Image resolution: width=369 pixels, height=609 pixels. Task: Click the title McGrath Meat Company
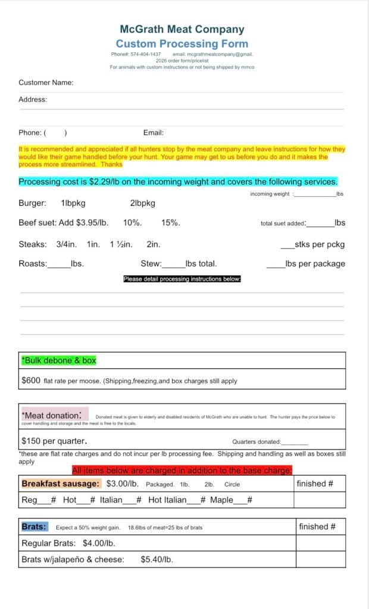[182, 29]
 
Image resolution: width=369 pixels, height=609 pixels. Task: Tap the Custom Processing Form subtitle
[182, 44]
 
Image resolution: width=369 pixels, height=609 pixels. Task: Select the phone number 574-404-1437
[146, 54]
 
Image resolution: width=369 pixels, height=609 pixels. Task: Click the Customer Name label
[46, 83]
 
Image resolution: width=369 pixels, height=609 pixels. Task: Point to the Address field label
[33, 99]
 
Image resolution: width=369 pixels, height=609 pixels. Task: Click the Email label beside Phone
[154, 133]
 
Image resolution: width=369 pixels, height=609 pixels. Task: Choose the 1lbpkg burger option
[73, 203]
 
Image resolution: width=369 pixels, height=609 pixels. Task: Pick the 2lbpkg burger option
[142, 203]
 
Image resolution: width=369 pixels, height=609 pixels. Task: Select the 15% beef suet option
[170, 223]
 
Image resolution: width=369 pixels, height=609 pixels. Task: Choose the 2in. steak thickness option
[153, 244]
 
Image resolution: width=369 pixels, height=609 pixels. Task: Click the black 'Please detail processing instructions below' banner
[182, 279]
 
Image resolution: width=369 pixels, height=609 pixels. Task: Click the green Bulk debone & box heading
[58, 360]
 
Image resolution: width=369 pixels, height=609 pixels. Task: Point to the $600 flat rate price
[30, 380]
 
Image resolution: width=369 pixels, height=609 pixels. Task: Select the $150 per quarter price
[54, 441]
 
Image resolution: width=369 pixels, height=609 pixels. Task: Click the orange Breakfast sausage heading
[61, 484]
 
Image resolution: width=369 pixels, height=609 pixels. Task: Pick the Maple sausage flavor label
[221, 500]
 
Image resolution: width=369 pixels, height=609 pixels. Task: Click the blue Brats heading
[34, 527]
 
